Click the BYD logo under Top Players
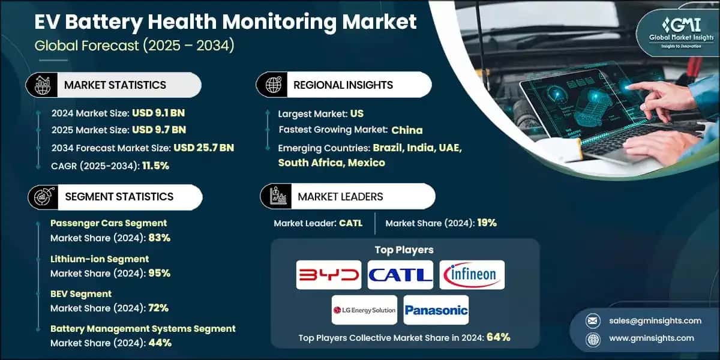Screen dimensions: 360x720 click(329, 275)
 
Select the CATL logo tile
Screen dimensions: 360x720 click(400, 275)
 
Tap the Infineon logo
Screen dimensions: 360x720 click(472, 275)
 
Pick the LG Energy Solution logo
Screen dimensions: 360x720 click(364, 310)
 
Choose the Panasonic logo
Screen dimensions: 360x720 click(436, 310)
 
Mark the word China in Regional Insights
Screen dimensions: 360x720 click(407, 130)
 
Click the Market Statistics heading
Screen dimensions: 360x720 click(115, 85)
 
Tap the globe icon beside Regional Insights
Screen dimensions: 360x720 click(272, 85)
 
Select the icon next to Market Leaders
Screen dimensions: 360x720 click(276, 196)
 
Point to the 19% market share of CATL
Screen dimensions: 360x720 click(487, 223)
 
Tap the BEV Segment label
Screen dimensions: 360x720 click(81, 294)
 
